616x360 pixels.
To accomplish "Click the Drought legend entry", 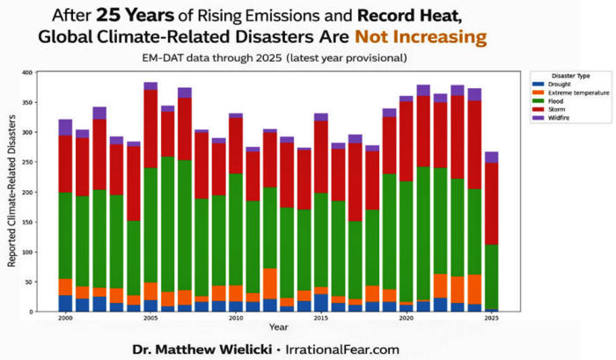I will (559, 84).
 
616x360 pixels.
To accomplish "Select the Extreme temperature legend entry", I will (572, 92).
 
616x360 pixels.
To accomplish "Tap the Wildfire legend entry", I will (560, 118).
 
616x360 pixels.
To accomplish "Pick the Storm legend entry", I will (557, 109).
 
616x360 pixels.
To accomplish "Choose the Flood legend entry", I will (557, 100).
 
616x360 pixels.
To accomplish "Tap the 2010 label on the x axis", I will (236, 319).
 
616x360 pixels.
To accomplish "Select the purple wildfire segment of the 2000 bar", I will (66, 127).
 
